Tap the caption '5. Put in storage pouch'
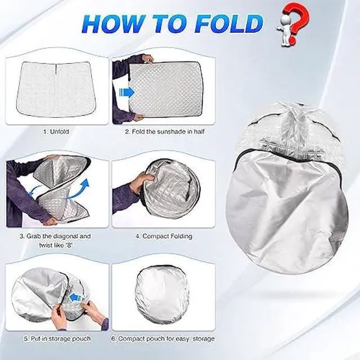[56, 339]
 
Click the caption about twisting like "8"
[56, 240]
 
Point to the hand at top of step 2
[148, 58]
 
